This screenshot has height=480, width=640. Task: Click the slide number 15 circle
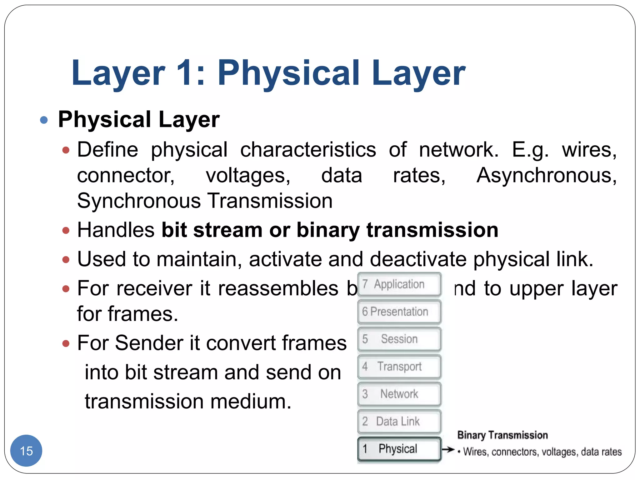(26, 451)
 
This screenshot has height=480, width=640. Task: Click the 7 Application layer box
(399, 284)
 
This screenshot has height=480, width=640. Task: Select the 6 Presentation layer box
(399, 312)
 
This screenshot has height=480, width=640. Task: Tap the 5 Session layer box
(399, 339)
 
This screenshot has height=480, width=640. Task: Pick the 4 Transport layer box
(399, 366)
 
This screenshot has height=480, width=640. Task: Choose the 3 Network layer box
(399, 394)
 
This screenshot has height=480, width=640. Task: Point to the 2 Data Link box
(399, 421)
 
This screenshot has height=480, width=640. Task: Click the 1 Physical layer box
(399, 449)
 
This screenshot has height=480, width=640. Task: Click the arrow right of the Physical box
(448, 450)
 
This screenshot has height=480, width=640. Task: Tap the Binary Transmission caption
(502, 435)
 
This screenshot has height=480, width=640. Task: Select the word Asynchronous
(546, 176)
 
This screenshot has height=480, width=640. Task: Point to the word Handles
(116, 230)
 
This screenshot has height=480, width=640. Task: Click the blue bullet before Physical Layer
(44, 120)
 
